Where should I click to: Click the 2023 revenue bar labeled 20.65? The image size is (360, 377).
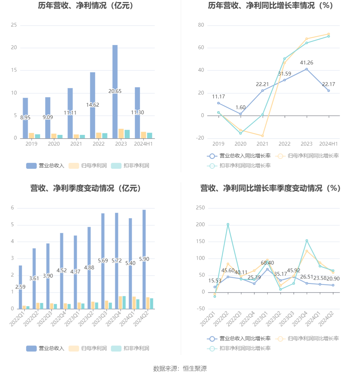tap(115, 92)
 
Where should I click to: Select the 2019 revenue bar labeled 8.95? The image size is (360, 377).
tap(25, 118)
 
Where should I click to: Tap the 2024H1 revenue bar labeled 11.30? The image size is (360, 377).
tap(137, 113)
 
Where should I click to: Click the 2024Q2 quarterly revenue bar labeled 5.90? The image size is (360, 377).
tap(144, 259)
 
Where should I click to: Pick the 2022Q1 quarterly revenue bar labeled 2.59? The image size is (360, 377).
tap(20, 287)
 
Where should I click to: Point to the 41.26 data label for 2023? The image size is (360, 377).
tap(306, 63)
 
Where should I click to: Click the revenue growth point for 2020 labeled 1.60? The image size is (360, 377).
tap(241, 114)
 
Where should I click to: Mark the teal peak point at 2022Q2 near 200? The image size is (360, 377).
tap(228, 224)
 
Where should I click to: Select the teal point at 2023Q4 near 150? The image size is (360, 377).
tap(307, 241)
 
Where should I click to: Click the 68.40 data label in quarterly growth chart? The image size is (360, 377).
tap(267, 263)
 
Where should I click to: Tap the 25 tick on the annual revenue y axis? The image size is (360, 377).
tap(14, 25)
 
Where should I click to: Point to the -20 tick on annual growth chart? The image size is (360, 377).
tap(200, 138)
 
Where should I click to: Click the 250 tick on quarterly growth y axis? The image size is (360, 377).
tap(200, 208)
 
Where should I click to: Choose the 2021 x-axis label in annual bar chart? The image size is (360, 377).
tap(76, 144)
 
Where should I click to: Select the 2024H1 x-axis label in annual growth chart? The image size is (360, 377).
tap(329, 144)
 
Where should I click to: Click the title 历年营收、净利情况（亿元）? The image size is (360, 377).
tap(85, 5)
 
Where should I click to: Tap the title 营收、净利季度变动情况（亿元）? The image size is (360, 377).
tap(85, 188)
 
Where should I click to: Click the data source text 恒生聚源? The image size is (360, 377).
tap(195, 368)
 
